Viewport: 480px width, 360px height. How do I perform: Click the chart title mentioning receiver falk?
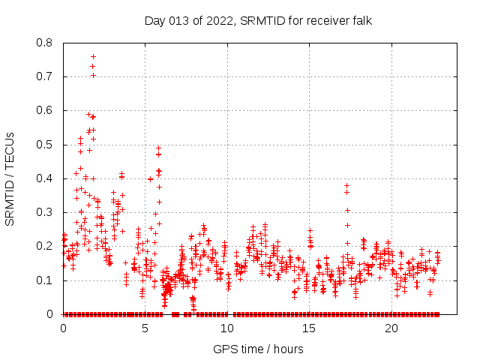point(258,20)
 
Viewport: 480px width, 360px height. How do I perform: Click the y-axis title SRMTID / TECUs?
point(10,179)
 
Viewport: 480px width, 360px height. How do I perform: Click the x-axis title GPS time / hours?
point(258,349)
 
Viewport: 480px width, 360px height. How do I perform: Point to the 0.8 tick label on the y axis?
point(46,43)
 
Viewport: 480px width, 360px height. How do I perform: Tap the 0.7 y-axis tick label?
point(46,76)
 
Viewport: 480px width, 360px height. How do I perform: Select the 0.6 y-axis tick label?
point(46,110)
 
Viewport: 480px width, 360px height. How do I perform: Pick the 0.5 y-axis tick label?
point(46,145)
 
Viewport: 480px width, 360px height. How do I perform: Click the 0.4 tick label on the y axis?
point(46,178)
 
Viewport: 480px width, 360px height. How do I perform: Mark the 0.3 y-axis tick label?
point(46,212)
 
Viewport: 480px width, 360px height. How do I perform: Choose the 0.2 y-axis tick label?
point(46,246)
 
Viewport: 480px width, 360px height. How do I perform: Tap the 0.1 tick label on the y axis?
point(46,280)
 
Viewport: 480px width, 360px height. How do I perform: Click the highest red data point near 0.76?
point(93,56)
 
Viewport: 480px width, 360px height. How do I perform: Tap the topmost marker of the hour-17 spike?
point(346,184)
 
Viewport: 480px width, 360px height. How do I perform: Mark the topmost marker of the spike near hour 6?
point(158,148)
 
